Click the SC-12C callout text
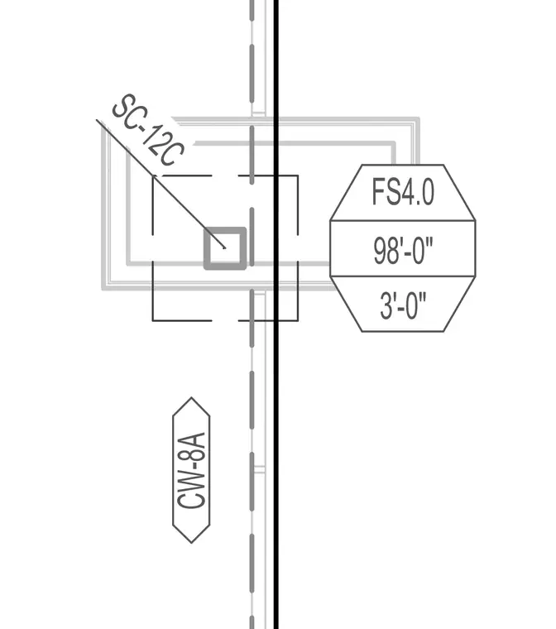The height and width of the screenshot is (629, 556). click(x=147, y=131)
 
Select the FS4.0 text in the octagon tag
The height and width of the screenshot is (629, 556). click(x=403, y=192)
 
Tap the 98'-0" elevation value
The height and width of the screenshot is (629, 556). click(x=403, y=251)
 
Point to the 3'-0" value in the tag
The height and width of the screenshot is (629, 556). click(x=403, y=305)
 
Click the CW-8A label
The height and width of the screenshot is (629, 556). click(x=191, y=470)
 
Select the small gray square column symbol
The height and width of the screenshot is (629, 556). click(x=225, y=248)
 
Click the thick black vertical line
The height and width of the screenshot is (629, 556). click(x=276, y=314)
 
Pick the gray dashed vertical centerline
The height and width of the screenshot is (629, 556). click(x=252, y=314)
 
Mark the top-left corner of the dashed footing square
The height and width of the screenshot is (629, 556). click(x=153, y=175)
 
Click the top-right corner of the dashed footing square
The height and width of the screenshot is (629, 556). click(x=298, y=175)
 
